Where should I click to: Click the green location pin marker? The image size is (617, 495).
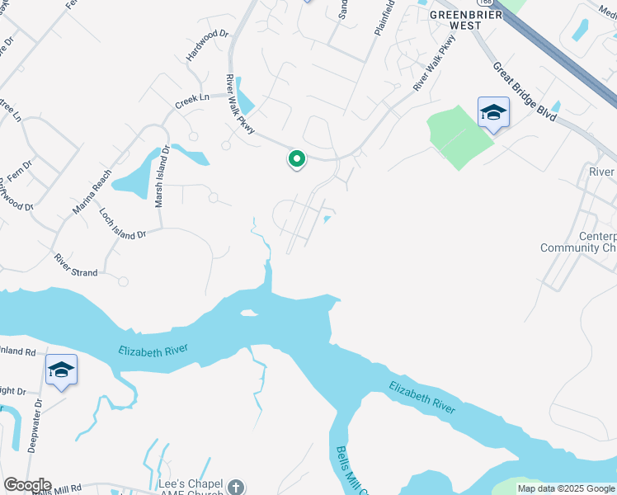coord(296,158)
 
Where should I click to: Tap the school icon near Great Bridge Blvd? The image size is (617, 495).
coord(493,114)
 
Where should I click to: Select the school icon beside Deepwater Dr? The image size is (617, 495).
coord(61,370)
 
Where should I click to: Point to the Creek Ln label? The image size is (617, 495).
coord(191,101)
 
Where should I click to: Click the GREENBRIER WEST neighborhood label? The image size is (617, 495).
coord(455,19)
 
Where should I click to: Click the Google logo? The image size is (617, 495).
coord(26,485)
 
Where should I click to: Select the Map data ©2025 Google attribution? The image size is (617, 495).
coord(565,488)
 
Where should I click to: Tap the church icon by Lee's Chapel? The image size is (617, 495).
coord(236,487)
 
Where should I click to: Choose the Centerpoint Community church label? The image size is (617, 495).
coord(577,242)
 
